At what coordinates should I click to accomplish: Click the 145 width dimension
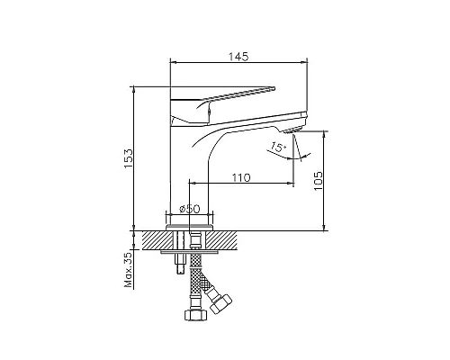point(238,57)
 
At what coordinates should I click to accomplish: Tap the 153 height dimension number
point(129,158)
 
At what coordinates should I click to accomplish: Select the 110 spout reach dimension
point(241,177)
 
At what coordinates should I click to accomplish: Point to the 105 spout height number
point(318,180)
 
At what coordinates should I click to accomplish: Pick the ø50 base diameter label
point(189,209)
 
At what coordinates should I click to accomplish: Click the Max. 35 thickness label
point(128,270)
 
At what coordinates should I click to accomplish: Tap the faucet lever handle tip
point(274,87)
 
